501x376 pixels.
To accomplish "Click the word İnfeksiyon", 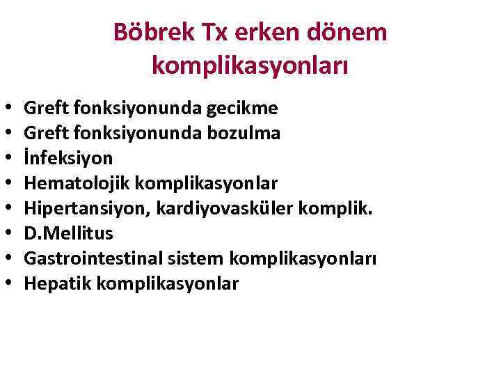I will (x=68, y=158).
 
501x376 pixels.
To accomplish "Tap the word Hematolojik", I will (x=77, y=183).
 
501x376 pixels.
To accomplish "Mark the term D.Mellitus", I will (x=68, y=233).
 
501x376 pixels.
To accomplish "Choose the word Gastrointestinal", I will (x=88, y=258).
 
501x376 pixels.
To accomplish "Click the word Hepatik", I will (x=54, y=283).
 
